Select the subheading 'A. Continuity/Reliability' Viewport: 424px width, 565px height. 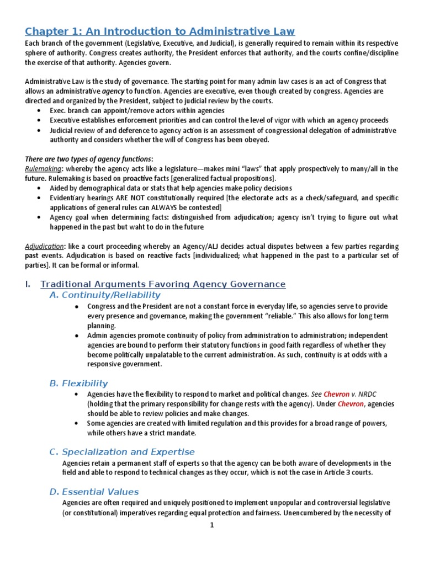point(105,295)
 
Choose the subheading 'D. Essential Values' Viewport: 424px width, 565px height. point(94,492)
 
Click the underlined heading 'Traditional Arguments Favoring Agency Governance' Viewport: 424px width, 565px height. point(163,284)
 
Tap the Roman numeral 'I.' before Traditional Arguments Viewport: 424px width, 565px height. point(29,284)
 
